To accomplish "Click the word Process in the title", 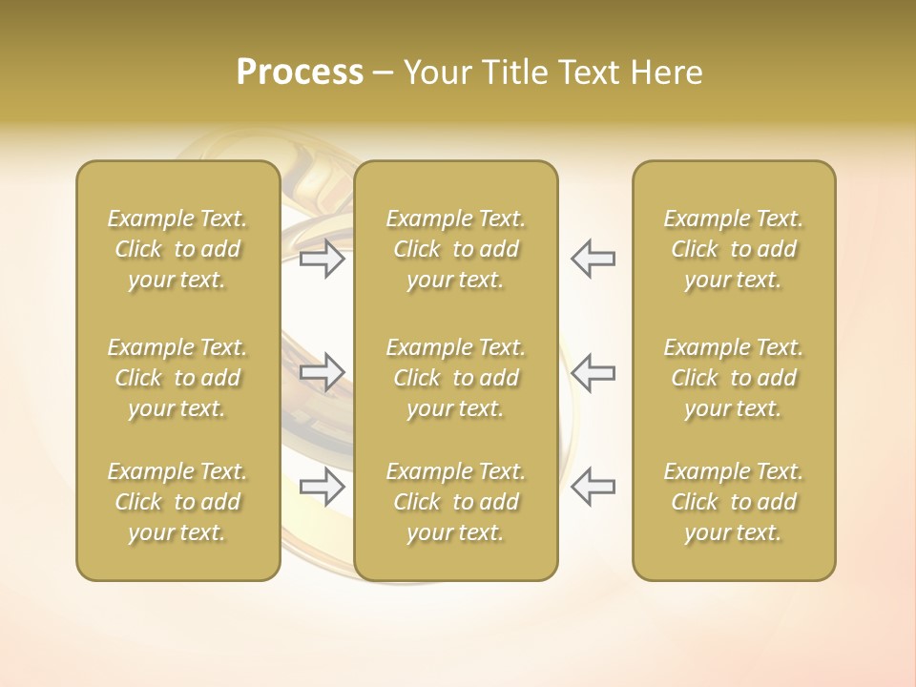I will point(300,73).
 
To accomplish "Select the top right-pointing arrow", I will point(323,259).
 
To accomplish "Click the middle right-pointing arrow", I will point(323,372).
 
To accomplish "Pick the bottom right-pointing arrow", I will point(323,487).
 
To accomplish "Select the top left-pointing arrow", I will point(593,259).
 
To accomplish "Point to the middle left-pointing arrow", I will point(593,372).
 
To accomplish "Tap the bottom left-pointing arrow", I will point(593,487).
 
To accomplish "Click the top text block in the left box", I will point(177,249).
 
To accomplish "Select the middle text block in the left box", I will point(177,378).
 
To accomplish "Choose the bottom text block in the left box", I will point(177,502).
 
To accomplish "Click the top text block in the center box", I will point(455,249).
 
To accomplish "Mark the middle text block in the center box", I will point(455,378).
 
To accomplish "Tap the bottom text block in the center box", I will point(455,502).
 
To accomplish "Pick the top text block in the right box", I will point(733,249).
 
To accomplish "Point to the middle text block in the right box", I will point(733,378).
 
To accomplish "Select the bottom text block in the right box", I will point(733,502).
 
